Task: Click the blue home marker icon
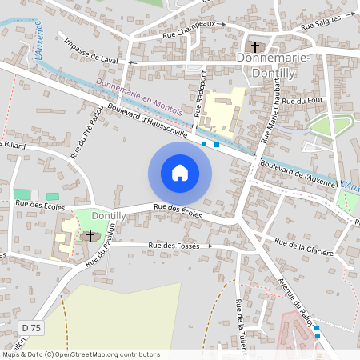coord(180,173)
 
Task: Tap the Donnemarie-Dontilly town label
coord(277,65)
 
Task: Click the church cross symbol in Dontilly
coord(90,235)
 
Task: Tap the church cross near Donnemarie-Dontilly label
coord(257,46)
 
